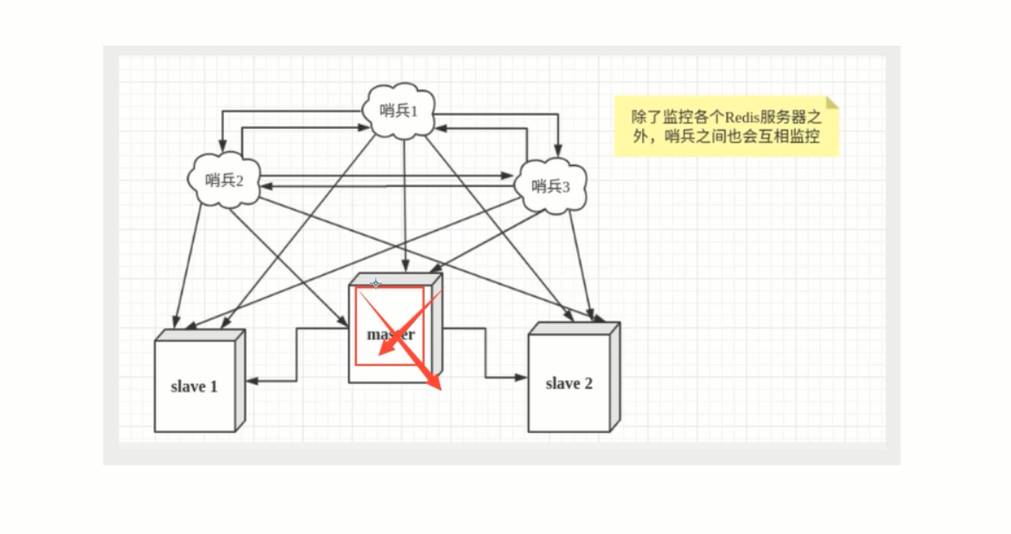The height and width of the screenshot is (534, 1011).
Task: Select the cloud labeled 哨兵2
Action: (225, 181)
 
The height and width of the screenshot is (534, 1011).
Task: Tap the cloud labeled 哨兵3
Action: (552, 185)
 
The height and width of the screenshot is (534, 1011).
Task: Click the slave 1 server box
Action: (195, 386)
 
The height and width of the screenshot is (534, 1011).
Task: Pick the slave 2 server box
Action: (569, 383)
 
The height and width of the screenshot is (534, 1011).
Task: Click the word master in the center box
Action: (390, 335)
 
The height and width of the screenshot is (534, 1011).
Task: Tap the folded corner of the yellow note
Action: (832, 103)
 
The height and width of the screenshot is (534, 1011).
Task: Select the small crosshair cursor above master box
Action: (376, 284)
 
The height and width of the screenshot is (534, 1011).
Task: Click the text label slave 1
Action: (194, 386)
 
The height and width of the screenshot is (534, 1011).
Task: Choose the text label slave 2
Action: (569, 384)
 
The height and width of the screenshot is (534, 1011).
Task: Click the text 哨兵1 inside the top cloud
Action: (400, 111)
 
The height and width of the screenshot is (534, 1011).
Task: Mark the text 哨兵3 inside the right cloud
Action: (552, 186)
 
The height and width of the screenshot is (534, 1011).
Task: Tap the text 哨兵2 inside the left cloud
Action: (225, 181)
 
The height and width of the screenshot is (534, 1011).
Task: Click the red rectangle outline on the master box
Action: (357, 325)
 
